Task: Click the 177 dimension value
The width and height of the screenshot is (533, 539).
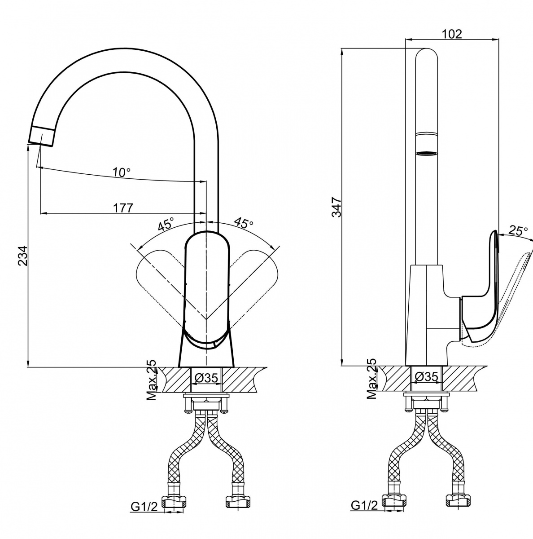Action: (x=123, y=208)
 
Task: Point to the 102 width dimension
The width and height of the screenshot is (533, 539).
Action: (x=452, y=34)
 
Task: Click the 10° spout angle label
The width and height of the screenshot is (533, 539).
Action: (x=121, y=172)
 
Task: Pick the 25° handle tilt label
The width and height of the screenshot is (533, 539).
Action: (x=518, y=231)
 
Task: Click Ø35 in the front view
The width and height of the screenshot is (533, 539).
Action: (x=206, y=378)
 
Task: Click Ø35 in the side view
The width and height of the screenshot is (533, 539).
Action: (x=426, y=377)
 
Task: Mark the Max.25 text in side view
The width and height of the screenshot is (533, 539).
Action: (x=372, y=380)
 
